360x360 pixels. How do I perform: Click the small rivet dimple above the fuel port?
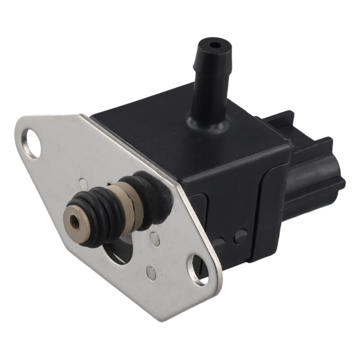(84, 183)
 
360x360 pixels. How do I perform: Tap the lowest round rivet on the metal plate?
(152, 271)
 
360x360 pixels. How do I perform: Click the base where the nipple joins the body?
(208, 122)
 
